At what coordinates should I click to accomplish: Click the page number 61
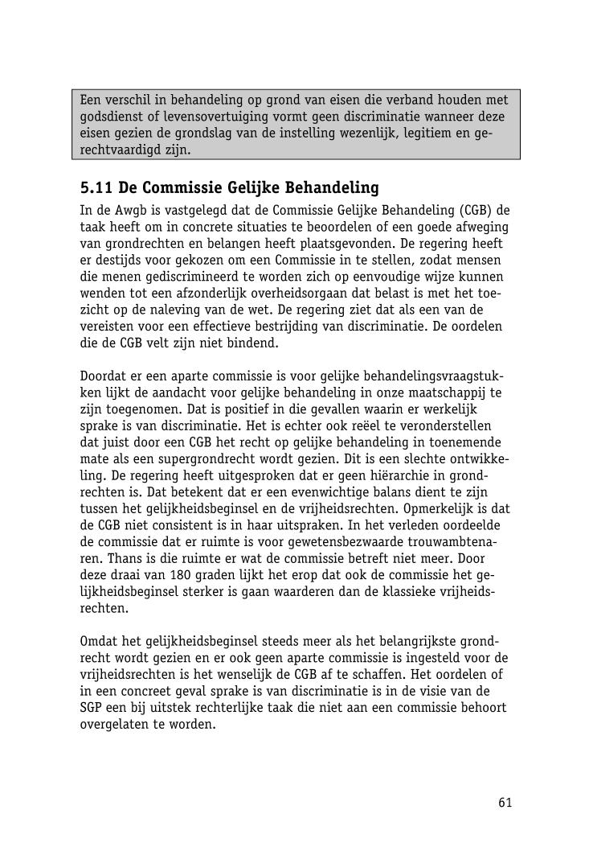point(505,802)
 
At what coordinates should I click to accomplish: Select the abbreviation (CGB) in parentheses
point(476,211)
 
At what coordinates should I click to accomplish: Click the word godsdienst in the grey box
point(110,117)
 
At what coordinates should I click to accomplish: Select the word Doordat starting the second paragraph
point(104,376)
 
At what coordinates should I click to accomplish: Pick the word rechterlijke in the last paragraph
point(246,708)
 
